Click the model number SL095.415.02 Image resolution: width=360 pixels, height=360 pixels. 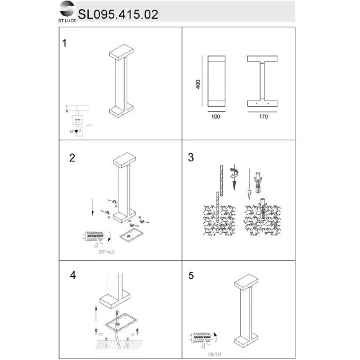(x=118, y=13)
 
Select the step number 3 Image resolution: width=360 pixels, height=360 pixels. (x=191, y=158)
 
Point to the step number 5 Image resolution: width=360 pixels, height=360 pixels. (x=191, y=272)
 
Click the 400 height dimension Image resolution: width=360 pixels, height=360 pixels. (x=197, y=84)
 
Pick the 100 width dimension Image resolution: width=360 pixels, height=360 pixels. (x=215, y=115)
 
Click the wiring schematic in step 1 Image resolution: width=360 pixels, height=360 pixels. (x=78, y=119)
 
